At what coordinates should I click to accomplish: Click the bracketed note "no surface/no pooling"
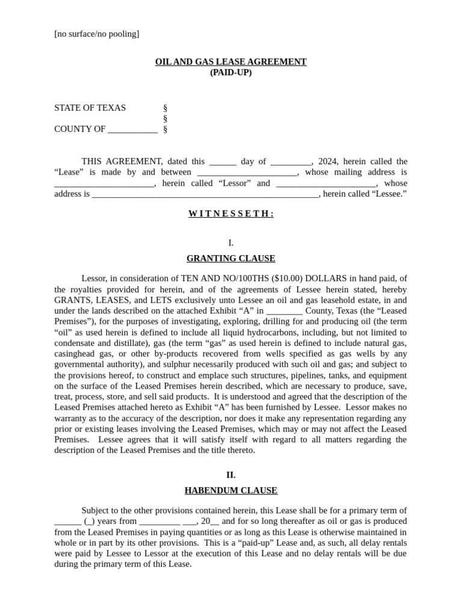click(x=96, y=34)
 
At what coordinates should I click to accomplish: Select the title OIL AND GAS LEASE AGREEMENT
click(x=230, y=62)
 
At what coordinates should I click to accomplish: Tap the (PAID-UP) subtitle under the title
click(x=230, y=73)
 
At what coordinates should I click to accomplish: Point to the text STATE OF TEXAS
click(x=90, y=108)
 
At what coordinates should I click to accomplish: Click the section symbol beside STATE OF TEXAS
click(x=165, y=108)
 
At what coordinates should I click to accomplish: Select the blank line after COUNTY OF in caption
click(x=132, y=130)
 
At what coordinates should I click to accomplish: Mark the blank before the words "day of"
click(x=223, y=162)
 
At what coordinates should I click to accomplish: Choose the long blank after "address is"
click(x=205, y=195)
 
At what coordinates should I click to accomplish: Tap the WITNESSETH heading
click(x=231, y=214)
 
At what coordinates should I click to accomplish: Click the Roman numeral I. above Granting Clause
click(x=231, y=243)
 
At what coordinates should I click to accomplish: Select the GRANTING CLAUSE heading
click(x=231, y=259)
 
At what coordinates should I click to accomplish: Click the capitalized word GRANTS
click(x=72, y=300)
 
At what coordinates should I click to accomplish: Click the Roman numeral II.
click(x=231, y=475)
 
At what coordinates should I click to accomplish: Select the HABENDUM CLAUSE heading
click(x=231, y=491)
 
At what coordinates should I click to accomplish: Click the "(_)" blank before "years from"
click(x=90, y=522)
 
